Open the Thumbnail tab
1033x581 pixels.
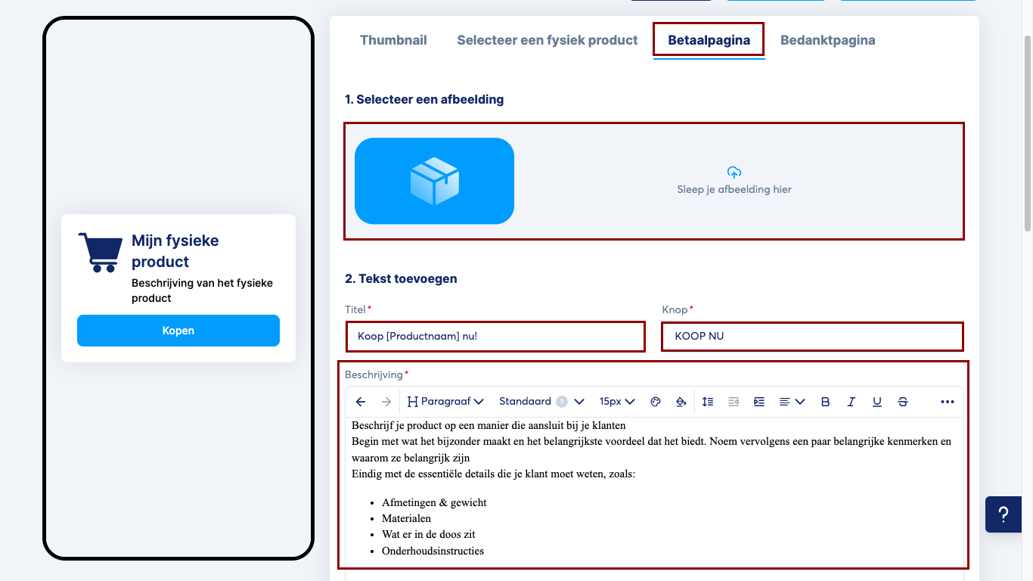pyautogui.click(x=393, y=40)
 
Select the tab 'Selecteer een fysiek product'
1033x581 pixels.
pyautogui.click(x=547, y=40)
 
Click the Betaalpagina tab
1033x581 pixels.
pyautogui.click(x=709, y=40)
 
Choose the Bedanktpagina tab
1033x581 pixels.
pyautogui.click(x=828, y=40)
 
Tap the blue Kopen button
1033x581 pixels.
pyautogui.click(x=178, y=331)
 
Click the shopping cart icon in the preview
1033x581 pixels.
pyautogui.click(x=100, y=253)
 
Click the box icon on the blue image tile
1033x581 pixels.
pyautogui.click(x=434, y=181)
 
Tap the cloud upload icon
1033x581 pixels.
pyautogui.click(x=734, y=172)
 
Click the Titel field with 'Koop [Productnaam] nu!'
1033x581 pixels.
pyautogui.click(x=495, y=337)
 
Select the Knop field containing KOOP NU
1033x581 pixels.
pyautogui.click(x=812, y=337)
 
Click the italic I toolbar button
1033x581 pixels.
pyautogui.click(x=851, y=402)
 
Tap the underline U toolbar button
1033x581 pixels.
pyautogui.click(x=876, y=402)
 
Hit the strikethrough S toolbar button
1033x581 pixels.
pyautogui.click(x=902, y=402)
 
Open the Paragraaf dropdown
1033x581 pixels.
pyautogui.click(x=445, y=402)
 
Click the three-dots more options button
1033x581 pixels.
pyautogui.click(x=948, y=402)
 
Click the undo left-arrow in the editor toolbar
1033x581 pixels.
pyautogui.click(x=361, y=402)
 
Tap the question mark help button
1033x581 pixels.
pyautogui.click(x=1004, y=514)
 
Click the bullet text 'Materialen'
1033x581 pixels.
pyautogui.click(x=406, y=518)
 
